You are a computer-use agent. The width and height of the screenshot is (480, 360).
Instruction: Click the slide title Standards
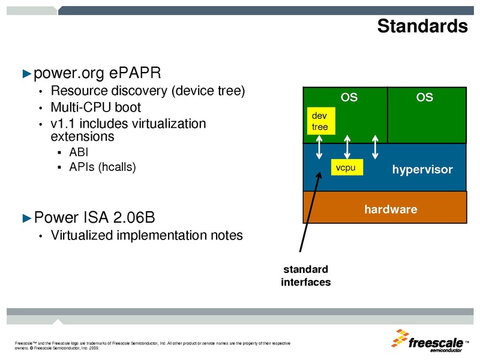[x=422, y=26]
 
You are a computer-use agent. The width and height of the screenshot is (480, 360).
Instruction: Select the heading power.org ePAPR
[x=97, y=73]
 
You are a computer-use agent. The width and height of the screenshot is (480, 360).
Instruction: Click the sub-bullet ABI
[x=79, y=152]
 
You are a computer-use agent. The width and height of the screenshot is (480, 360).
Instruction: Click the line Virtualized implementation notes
[x=146, y=235]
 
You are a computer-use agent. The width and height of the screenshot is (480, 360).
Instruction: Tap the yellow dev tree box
[x=319, y=121]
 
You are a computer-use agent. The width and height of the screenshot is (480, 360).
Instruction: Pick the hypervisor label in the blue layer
[x=422, y=170]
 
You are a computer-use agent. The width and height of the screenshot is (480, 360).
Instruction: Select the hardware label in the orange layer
[x=391, y=209]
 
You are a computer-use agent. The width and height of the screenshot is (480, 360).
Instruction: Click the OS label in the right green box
[x=424, y=97]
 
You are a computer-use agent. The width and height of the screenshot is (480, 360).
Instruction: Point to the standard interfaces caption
[x=305, y=275]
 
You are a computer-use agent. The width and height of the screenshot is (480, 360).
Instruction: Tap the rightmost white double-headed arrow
[x=375, y=147]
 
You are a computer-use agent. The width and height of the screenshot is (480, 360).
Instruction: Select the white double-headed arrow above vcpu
[x=347, y=146]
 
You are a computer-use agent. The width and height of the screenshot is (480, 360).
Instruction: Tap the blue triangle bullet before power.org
[x=26, y=74]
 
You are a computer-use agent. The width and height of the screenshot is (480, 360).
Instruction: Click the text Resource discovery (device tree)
[x=148, y=91]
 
